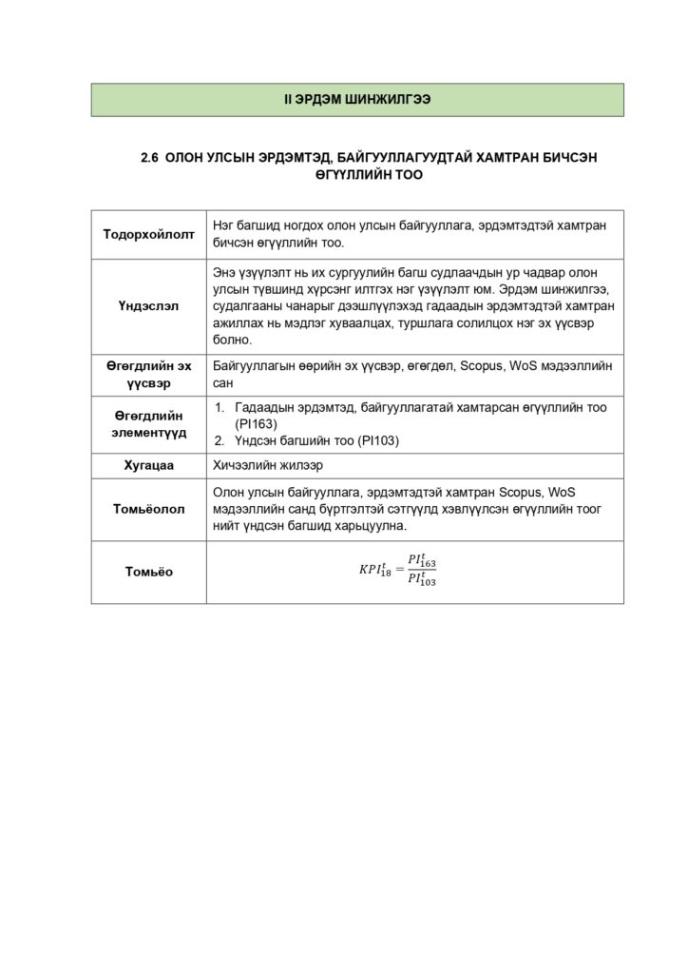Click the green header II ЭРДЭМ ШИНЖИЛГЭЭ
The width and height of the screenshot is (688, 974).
(357, 100)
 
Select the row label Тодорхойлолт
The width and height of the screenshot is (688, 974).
(148, 234)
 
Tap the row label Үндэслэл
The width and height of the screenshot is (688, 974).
(148, 305)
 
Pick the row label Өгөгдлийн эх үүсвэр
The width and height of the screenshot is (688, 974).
(148, 374)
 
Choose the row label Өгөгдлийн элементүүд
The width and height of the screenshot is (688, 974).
(148, 424)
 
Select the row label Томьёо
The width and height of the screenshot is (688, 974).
(148, 572)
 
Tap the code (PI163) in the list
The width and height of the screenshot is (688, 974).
(256, 424)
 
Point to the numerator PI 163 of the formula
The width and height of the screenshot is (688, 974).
(421, 561)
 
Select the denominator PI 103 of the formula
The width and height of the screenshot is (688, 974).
(421, 580)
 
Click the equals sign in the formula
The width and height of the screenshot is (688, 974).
(398, 571)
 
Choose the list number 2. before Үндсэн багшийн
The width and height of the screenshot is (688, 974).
(218, 440)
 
